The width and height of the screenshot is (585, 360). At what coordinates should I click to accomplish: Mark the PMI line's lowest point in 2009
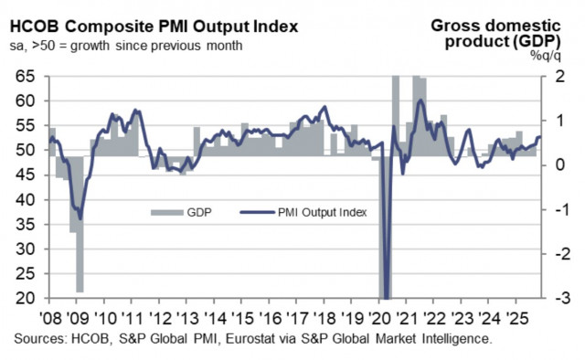[80, 218]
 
